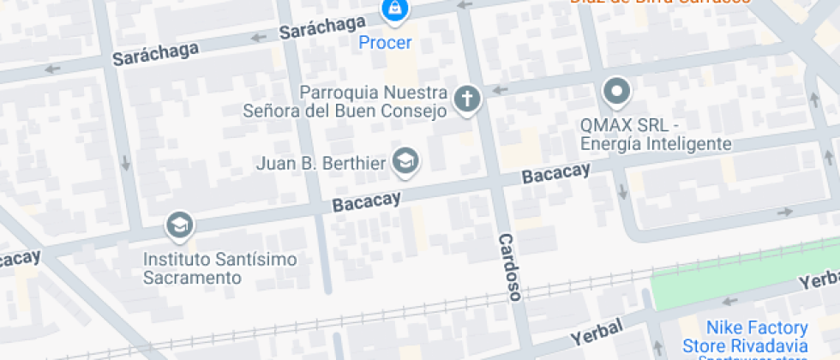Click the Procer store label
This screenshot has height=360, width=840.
point(385,42)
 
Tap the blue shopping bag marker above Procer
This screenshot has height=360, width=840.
point(393,9)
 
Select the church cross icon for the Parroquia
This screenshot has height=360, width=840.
point(467,99)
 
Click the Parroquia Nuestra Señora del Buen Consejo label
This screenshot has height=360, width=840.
point(374,101)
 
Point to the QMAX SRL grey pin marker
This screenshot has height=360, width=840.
point(616,89)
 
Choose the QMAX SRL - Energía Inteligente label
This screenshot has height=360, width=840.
point(656,134)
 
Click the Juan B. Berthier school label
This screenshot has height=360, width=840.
point(322,162)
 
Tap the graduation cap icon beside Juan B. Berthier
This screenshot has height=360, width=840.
point(405,160)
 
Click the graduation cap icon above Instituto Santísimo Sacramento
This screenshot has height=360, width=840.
point(180,225)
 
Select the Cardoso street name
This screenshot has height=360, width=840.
point(510,267)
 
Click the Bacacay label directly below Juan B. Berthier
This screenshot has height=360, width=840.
point(366,202)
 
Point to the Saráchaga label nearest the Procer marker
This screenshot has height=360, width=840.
point(316,28)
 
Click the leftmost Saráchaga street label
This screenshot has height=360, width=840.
point(155,53)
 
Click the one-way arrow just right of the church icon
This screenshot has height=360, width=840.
point(498,90)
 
